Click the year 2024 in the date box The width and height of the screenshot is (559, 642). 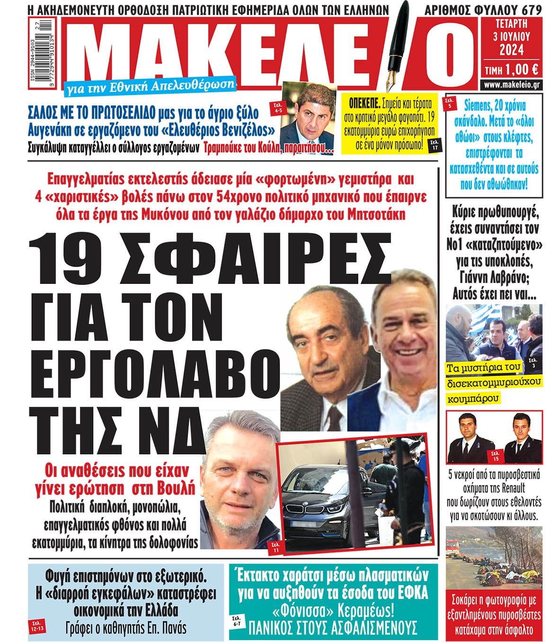tap(511, 49)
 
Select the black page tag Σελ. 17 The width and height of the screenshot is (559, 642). tap(435, 145)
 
